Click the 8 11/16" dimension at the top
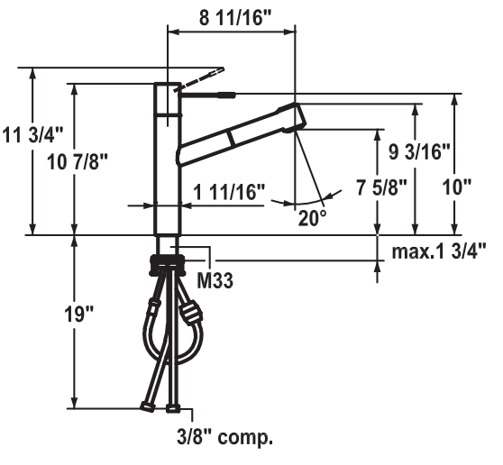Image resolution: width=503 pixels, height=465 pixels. coord(235,18)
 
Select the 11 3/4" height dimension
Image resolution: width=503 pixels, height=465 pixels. coord(33,134)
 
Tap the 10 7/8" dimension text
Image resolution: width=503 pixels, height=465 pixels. coord(78,161)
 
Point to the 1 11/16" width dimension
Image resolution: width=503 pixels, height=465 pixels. coord(229,192)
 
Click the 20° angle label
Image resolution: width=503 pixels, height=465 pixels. coord(312,218)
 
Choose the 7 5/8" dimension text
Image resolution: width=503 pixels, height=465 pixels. coord(381,187)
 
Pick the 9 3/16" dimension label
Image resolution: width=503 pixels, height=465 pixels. coord(419,151)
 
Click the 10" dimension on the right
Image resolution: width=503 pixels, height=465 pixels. coord(457,187)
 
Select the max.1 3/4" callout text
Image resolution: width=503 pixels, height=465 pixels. coord(439,251)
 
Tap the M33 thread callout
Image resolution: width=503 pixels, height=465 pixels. coord(215,280)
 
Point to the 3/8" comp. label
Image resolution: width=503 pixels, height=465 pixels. coord(224,436)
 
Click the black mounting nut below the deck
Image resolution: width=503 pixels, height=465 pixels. coord(168,265)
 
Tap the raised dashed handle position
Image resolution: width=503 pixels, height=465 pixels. coord(199,79)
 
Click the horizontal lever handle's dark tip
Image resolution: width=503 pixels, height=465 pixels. coord(227,95)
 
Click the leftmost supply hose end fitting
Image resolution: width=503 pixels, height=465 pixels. coord(147,407)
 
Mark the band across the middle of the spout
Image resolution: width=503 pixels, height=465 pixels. coord(232,138)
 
